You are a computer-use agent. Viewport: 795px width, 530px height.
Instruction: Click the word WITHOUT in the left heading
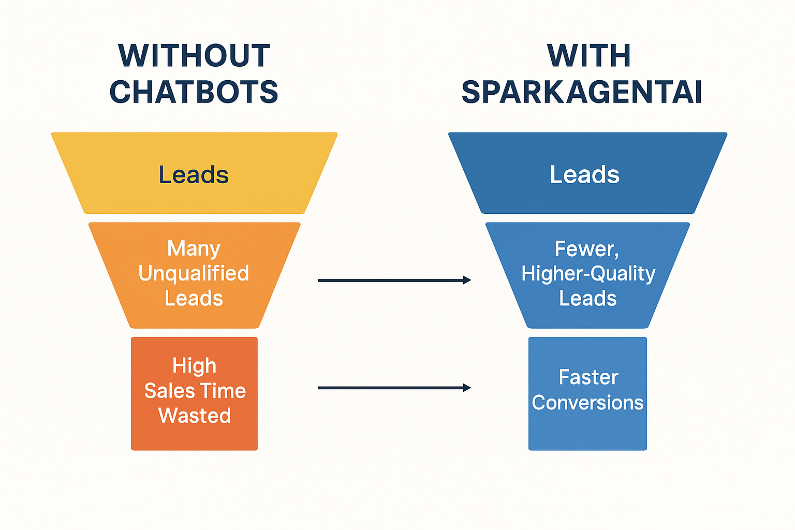point(194,55)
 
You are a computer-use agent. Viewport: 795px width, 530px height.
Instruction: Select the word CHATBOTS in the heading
point(194,92)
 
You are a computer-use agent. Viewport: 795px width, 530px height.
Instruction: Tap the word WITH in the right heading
point(589,55)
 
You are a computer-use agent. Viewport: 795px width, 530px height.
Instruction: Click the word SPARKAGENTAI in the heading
point(582,92)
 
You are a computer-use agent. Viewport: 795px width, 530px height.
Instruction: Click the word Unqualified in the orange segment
point(194,273)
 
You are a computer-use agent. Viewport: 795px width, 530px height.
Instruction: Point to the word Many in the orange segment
point(194,248)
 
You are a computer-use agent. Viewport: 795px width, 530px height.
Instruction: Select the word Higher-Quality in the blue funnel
point(588,273)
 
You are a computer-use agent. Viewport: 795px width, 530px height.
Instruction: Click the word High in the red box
point(195,366)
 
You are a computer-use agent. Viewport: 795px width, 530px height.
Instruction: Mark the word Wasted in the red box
point(195,416)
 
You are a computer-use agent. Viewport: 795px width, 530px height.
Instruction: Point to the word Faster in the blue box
point(588,377)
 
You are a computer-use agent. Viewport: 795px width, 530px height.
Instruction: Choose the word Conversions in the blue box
point(588,403)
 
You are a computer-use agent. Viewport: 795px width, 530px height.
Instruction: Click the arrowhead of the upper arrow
point(467,281)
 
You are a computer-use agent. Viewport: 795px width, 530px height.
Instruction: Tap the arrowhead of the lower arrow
point(467,388)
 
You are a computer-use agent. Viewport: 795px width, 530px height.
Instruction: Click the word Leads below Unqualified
point(194,299)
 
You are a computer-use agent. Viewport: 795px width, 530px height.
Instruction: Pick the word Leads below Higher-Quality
point(588,299)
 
